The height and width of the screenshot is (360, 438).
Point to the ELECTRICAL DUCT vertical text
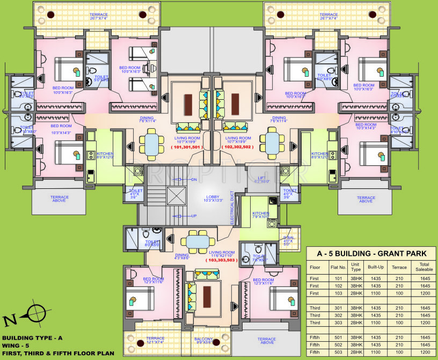[x=232, y=207]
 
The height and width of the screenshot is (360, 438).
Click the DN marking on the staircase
[x=194, y=179]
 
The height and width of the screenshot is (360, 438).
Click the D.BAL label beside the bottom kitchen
[x=288, y=239]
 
